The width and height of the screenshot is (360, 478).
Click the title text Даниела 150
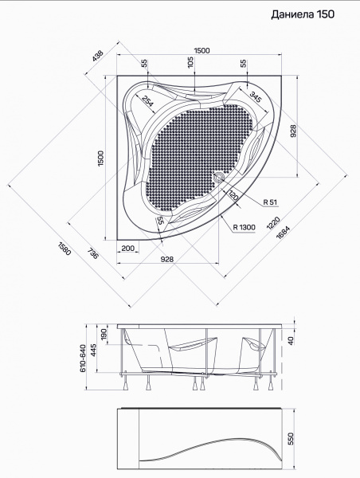coord(303,14)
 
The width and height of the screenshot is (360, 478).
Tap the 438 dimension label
coord(98,56)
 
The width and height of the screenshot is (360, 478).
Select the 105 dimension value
coord(190,62)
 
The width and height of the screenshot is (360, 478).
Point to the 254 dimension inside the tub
coord(147,101)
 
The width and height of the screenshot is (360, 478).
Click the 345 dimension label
coord(256,96)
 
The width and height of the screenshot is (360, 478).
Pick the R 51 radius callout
coord(270,202)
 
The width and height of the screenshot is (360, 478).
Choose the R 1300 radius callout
coord(245,227)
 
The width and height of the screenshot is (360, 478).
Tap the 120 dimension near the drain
coord(233,195)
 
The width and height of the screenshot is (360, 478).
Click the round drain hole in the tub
coord(219,176)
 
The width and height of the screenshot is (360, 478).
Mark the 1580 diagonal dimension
coord(64,248)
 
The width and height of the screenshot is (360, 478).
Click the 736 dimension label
coord(92,253)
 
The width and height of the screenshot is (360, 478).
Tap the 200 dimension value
coord(127,248)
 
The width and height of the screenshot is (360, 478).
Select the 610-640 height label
coord(83,358)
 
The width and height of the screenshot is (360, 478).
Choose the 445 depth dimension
coord(93,351)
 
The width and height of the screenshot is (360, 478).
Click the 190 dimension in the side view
coord(104,334)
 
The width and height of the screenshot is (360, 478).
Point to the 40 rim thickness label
coord(291,340)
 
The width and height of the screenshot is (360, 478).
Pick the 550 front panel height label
coord(291,439)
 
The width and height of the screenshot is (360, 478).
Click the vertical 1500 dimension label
coord(101,158)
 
